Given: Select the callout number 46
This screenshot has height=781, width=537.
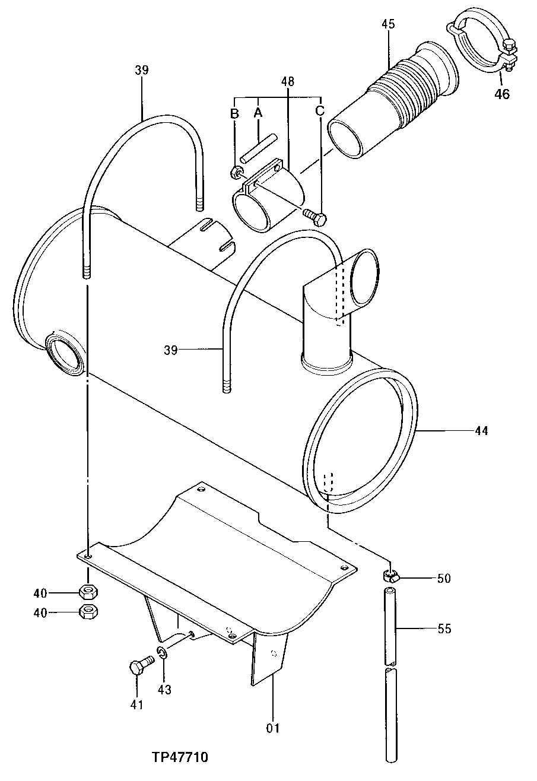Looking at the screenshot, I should pos(502,94).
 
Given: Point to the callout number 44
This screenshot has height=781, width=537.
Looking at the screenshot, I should pos(481,431).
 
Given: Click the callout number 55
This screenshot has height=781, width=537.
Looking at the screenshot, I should pos(444,628).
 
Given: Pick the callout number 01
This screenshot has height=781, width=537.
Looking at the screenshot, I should pos(273,728).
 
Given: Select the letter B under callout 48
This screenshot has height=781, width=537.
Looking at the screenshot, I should pos(235,112).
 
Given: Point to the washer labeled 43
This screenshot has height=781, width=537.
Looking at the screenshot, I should pos(162,653).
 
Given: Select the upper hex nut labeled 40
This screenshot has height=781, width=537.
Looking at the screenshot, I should pos(88,592).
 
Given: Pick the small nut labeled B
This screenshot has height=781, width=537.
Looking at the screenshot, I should pos(236,173).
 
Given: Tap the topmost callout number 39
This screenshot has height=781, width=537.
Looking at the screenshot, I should pos(141,70).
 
